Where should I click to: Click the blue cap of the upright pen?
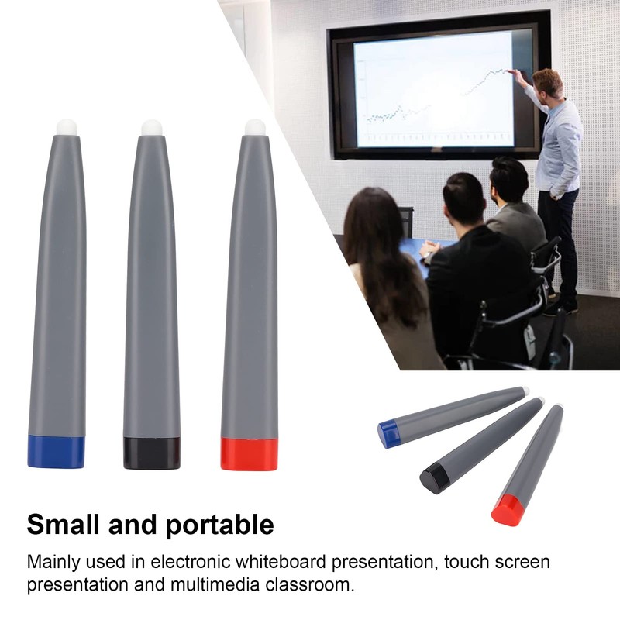point(56,452)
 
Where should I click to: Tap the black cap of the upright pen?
point(151,453)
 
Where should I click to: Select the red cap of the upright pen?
point(249,454)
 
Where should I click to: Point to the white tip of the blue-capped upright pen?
point(67,126)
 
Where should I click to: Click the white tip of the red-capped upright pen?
point(255,126)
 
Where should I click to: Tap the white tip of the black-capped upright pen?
point(151,126)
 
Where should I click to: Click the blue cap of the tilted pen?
point(388,432)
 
